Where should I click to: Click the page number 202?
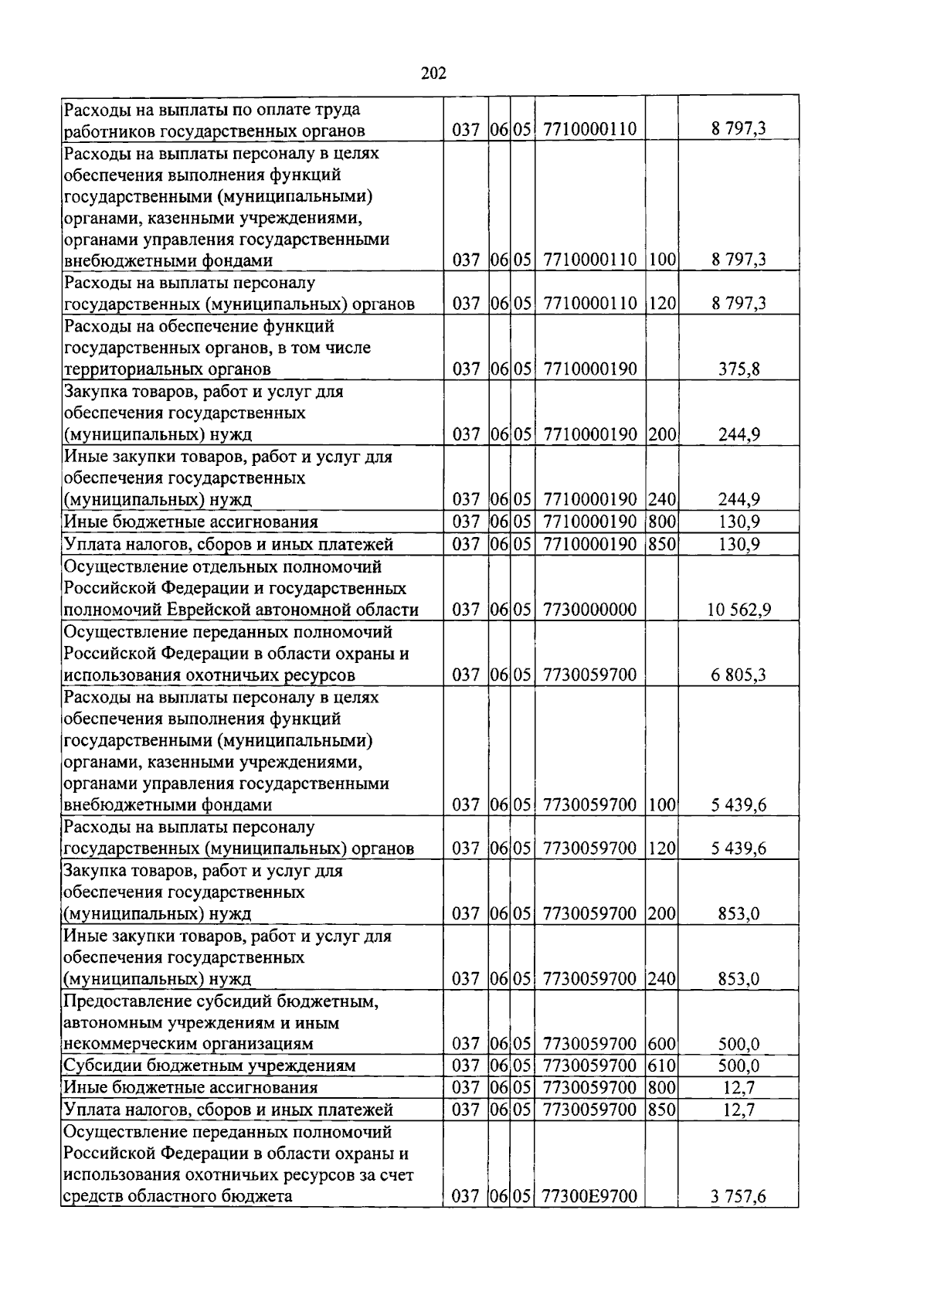[434, 73]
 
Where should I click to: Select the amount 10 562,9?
[739, 610]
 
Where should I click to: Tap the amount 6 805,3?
[739, 675]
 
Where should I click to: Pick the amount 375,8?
[739, 369]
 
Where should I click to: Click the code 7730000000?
[590, 610]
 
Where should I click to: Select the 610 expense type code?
[662, 1066]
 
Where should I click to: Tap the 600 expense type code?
[662, 1044]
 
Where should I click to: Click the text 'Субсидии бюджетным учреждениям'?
[209, 1066]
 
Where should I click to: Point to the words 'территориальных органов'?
[167, 369]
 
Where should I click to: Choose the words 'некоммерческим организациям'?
[188, 1044]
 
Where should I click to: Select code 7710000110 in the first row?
[590, 129]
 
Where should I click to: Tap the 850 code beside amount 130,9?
[662, 545]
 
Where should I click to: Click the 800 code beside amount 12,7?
[662, 1087]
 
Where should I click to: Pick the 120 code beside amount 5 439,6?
[662, 848]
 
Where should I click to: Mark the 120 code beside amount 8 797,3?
[662, 304]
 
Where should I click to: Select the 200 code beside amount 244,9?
[662, 434]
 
